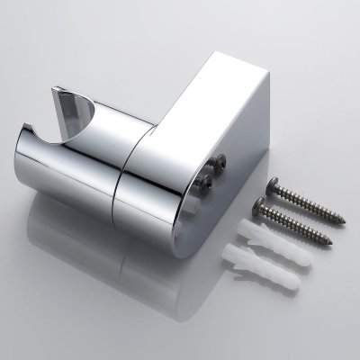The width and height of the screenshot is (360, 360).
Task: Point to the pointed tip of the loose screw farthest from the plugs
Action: click(342, 219)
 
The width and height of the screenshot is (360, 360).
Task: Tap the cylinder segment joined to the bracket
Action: click(162, 193)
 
